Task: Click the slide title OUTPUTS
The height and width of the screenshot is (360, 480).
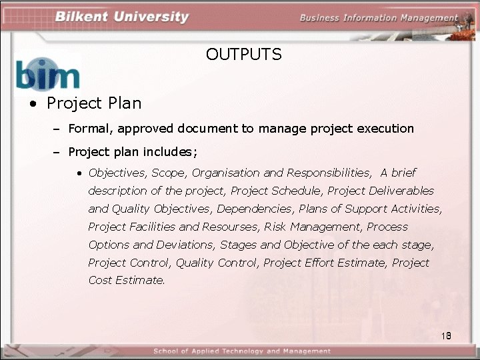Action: tap(243, 55)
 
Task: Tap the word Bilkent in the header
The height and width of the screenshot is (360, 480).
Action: tap(83, 17)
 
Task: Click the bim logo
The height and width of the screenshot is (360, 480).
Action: tap(47, 73)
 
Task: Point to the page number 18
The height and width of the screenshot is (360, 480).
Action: tap(446, 335)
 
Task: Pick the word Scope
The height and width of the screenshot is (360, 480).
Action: tap(169, 173)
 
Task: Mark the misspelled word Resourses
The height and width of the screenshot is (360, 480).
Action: tap(231, 227)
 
